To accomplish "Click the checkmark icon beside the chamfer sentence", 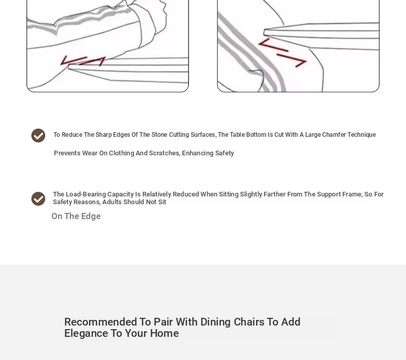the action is pos(39,135).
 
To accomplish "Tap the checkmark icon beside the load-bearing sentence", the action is pos(39,199).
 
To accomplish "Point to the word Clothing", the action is pos(121,153).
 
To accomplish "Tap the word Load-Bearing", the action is pos(86,194).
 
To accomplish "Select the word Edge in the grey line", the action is pos(91,216).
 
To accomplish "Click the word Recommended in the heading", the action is pos(100,322).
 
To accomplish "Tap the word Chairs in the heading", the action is pos(249,322).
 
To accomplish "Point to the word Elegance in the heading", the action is pos(86,333).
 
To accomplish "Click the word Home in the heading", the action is pos(164,333).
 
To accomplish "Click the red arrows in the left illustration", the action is pos(83,61).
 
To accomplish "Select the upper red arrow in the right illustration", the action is pos(273,45).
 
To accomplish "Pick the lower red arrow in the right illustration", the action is pos(292,60).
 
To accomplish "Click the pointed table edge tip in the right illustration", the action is pos(264,32).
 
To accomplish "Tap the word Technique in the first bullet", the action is pos(361,135).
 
